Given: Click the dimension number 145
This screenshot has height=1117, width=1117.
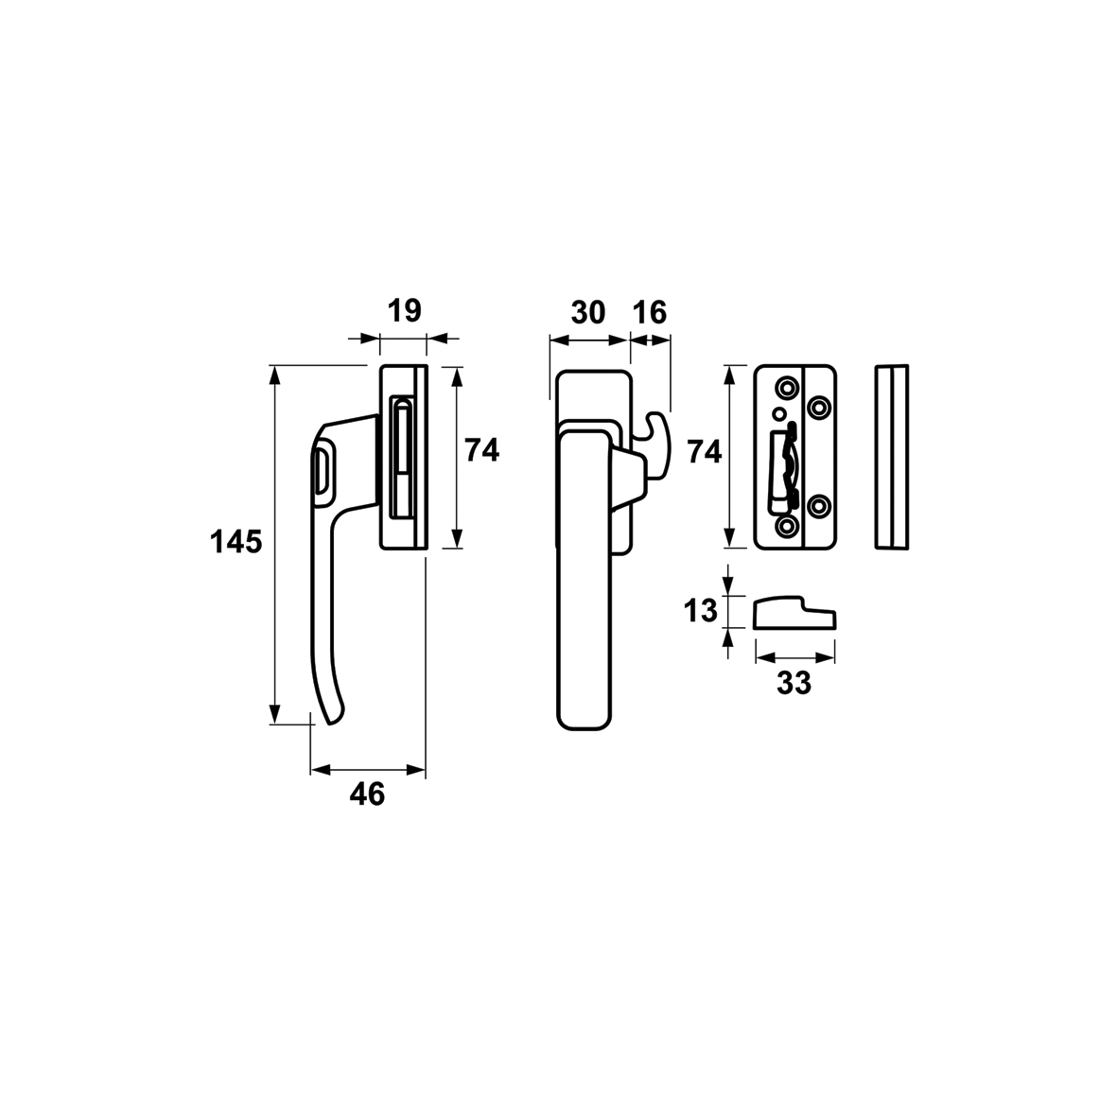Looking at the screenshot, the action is [x=236, y=543].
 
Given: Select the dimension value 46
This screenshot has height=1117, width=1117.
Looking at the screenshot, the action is [x=368, y=794].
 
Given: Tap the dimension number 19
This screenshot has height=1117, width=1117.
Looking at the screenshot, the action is [x=405, y=310].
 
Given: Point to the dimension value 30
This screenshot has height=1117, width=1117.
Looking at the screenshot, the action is [x=588, y=312].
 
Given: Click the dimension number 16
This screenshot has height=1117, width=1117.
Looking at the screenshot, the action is [x=650, y=312].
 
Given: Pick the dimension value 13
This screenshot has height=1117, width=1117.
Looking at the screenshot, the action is [x=700, y=611].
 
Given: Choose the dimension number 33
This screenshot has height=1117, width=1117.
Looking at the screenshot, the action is [x=794, y=683].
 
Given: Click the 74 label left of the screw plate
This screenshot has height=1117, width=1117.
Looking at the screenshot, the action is [x=704, y=452].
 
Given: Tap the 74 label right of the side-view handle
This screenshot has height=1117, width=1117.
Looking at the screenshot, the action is [x=482, y=451].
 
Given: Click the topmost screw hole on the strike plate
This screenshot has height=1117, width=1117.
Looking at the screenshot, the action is [x=787, y=388].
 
